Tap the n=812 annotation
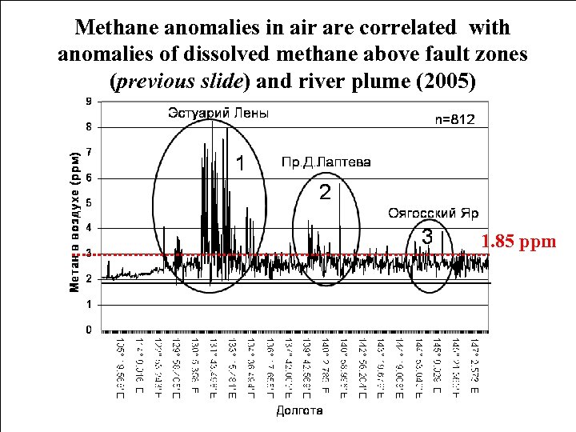(x=454, y=119)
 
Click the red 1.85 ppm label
(x=519, y=240)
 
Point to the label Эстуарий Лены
(x=218, y=114)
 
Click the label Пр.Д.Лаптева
(x=326, y=162)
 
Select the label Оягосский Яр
(x=433, y=213)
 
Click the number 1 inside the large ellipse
(x=238, y=163)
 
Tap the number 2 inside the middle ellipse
(x=324, y=193)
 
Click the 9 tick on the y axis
(x=89, y=101)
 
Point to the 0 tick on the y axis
(x=89, y=330)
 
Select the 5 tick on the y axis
(x=89, y=202)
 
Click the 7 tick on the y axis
(x=89, y=151)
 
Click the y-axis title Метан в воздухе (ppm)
(x=74, y=220)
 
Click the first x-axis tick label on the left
(x=120, y=369)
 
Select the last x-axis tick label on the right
(x=474, y=369)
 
